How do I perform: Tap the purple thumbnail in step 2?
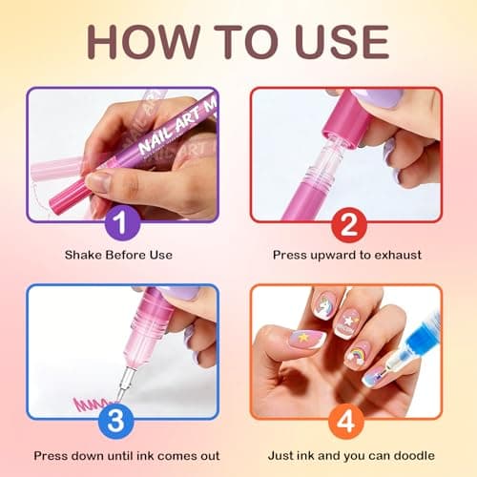pos(360,103)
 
